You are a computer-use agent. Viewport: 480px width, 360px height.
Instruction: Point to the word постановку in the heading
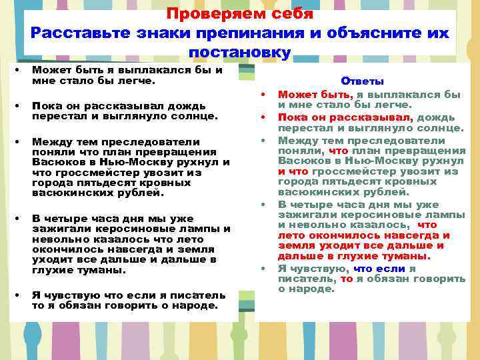point(240,52)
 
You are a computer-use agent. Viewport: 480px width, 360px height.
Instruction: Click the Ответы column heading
point(362,81)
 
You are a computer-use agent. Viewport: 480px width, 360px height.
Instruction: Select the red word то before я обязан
point(346,279)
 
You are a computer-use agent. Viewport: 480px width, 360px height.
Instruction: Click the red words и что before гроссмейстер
point(293,171)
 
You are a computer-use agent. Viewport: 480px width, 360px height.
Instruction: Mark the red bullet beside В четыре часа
point(264,203)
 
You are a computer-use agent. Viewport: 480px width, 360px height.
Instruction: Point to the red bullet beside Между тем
point(264,141)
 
